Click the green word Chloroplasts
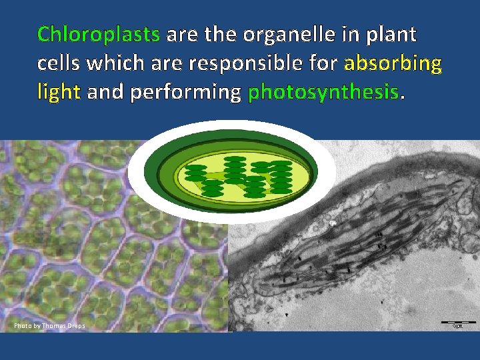point(99,34)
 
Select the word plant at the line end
point(391,34)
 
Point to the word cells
point(61,63)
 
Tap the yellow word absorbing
point(393,63)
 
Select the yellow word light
point(59,93)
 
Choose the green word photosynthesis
point(323,93)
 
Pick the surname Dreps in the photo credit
point(75,326)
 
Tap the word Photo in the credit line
point(23,326)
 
